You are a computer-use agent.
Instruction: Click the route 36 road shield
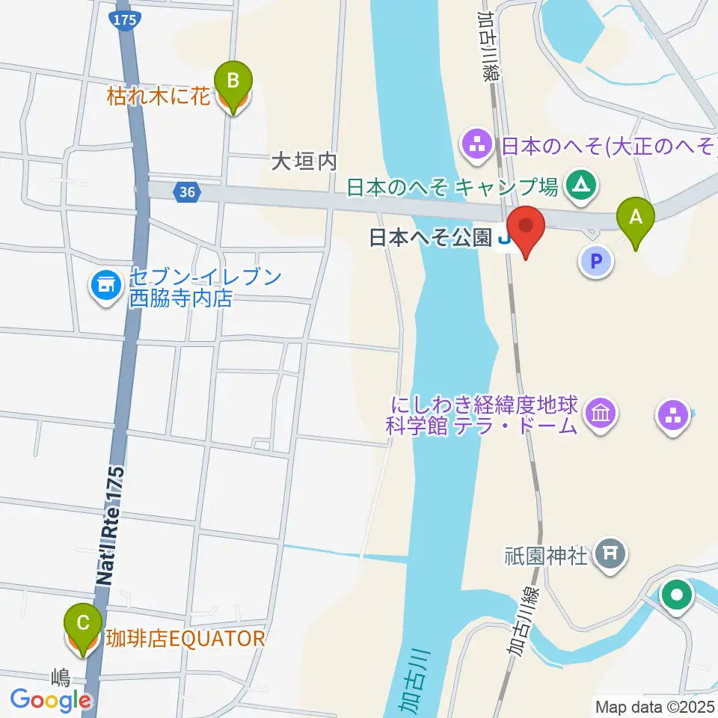click(x=187, y=193)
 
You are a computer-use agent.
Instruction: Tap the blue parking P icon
click(x=596, y=262)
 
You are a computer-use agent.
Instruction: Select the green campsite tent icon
click(x=580, y=183)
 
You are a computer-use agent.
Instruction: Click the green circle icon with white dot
click(x=678, y=596)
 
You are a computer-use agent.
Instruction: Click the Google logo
click(x=50, y=699)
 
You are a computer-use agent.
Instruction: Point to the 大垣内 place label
click(x=305, y=162)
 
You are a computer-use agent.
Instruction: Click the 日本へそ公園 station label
click(x=431, y=239)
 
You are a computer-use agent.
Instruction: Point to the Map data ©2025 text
click(x=654, y=706)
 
